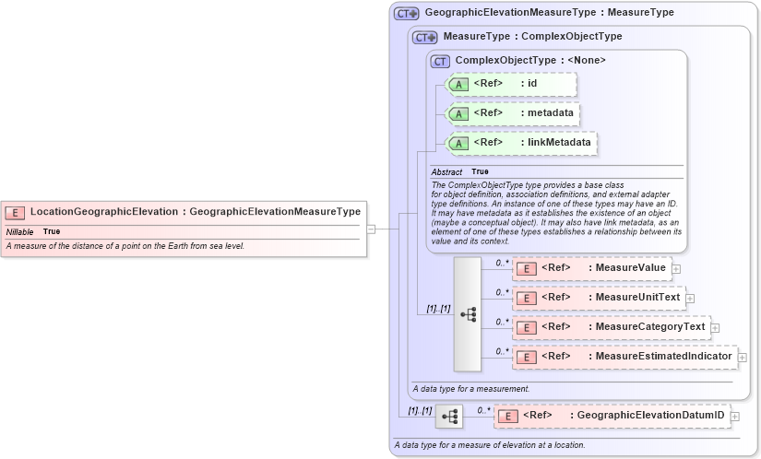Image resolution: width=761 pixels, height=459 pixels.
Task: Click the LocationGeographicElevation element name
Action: click(104, 212)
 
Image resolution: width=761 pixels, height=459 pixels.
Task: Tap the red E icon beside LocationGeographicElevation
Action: click(17, 212)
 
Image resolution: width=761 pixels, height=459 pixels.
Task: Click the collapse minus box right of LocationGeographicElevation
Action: click(371, 229)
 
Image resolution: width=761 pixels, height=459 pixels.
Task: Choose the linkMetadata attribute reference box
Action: click(522, 143)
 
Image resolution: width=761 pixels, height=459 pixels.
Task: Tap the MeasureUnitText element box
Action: click(598, 298)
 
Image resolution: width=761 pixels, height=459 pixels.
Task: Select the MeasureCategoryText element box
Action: click(610, 327)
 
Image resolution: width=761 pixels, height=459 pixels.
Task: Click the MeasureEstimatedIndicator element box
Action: click(624, 357)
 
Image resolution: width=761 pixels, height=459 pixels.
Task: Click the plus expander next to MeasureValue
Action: click(676, 269)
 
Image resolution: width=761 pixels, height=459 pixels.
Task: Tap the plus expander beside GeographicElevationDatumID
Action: click(735, 417)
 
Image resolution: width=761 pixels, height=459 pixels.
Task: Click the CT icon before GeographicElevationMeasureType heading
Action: click(406, 14)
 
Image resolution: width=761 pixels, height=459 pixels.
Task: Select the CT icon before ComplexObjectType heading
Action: click(440, 61)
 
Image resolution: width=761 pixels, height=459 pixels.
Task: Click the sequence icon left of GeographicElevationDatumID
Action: click(449, 417)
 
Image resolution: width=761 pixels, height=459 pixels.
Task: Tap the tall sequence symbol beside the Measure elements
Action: click(468, 314)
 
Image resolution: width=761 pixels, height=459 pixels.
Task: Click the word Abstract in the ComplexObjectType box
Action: click(447, 172)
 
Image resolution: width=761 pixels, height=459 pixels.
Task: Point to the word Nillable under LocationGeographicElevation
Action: click(19, 231)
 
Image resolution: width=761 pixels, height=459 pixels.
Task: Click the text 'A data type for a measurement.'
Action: click(470, 389)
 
